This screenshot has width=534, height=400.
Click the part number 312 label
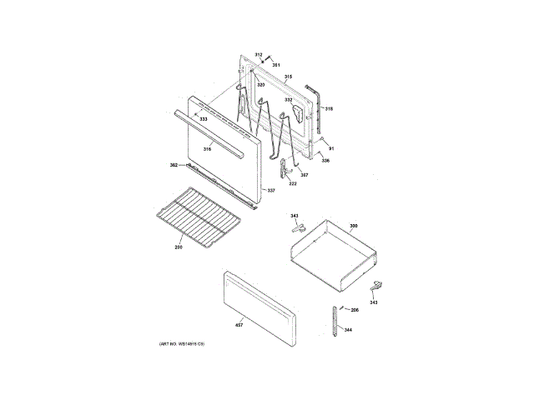click(259, 55)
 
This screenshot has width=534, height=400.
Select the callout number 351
click(276, 65)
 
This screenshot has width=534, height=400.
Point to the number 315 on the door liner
click(287, 77)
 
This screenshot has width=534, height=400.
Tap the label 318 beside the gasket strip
click(329, 109)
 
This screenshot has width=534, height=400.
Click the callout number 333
click(203, 120)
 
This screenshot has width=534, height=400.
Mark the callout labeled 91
click(330, 148)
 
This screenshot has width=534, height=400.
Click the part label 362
click(174, 165)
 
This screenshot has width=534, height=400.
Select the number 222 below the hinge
click(293, 183)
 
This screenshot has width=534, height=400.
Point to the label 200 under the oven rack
click(179, 248)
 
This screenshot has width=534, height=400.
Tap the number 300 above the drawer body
click(353, 226)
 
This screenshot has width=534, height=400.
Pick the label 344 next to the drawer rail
click(348, 330)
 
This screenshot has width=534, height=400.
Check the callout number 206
click(354, 310)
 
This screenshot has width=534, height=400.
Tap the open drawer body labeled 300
click(330, 254)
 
